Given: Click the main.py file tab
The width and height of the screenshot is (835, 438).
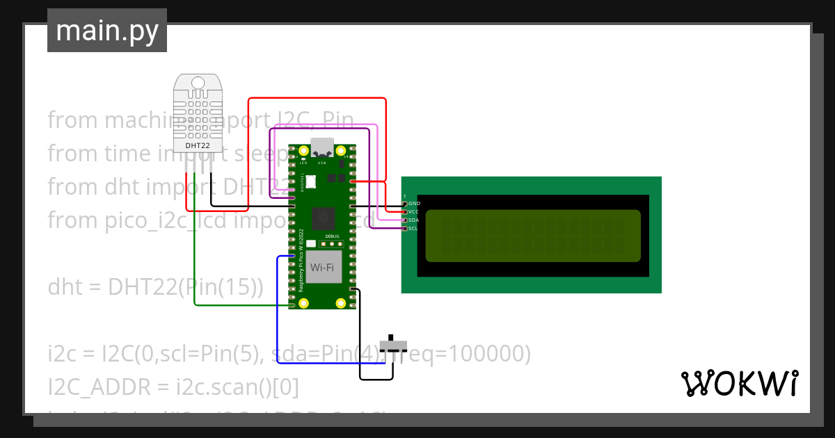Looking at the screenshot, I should coord(106,31).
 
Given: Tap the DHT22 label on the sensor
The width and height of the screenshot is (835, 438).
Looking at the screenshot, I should coord(198,146).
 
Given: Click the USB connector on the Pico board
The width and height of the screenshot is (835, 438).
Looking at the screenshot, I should coord(321,148).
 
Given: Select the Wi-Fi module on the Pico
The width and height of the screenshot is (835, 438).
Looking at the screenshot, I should coord(321,267).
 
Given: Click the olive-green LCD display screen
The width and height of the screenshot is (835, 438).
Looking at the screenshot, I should coord(532,236).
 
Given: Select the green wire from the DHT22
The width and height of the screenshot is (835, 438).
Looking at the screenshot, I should coord(196,264).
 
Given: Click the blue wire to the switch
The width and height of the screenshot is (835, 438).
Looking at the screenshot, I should coord(278,313).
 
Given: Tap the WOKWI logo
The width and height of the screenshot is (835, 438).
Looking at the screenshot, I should coord(739,384).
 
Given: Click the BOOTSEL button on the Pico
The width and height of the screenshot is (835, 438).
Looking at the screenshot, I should coord(311,181).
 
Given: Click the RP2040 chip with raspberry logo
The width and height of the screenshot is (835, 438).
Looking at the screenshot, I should coord(321,220).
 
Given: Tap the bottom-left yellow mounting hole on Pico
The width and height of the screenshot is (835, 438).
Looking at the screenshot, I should coord(303,303).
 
